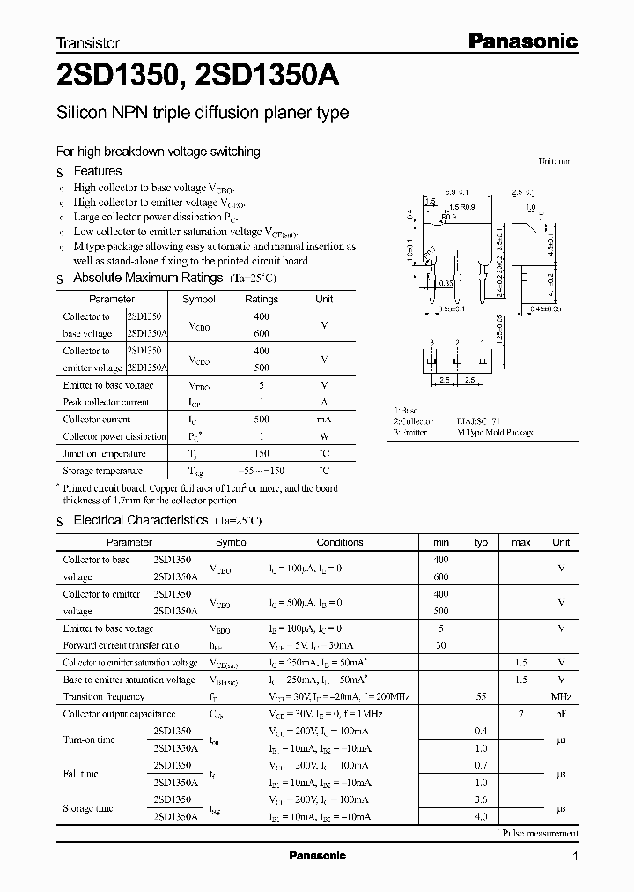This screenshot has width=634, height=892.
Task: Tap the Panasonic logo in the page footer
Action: [x=317, y=856]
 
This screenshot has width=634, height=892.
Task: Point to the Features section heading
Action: [x=97, y=171]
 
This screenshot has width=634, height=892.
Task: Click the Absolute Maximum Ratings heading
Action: [x=148, y=278]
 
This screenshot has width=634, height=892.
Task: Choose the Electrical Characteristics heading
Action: [x=141, y=521]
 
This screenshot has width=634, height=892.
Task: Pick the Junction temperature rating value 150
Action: [x=262, y=453]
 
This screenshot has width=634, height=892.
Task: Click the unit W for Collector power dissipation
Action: [x=324, y=436]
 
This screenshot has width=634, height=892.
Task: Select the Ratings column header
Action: [x=262, y=299]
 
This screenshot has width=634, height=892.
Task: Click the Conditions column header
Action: [x=340, y=542]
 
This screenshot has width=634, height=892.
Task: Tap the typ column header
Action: [x=481, y=542]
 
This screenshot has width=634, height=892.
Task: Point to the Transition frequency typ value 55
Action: [x=481, y=696]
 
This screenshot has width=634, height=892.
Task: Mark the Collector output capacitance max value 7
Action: [x=520, y=713]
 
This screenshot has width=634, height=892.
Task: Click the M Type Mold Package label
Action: [x=497, y=434]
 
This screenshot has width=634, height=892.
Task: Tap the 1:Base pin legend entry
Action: [x=406, y=411]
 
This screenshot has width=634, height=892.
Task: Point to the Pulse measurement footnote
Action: [x=540, y=833]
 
